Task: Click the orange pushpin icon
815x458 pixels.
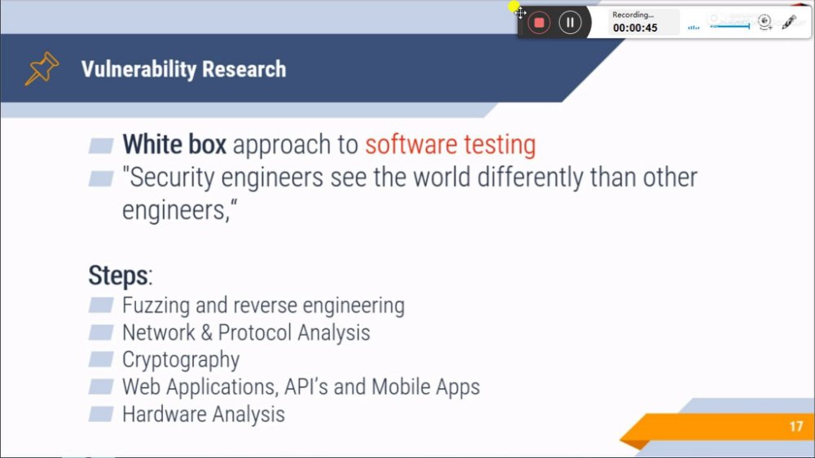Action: (42, 68)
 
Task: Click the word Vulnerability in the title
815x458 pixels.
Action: (139, 69)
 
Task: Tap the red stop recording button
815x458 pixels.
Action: (539, 23)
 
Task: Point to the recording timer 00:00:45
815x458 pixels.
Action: (635, 28)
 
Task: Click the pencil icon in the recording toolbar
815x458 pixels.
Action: (789, 22)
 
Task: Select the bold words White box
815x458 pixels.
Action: (174, 144)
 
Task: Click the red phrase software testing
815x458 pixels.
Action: (450, 145)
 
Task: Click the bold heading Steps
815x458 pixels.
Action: (118, 275)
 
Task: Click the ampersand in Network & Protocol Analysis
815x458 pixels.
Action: (206, 332)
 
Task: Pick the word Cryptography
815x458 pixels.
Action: (181, 359)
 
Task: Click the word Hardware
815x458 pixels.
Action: (164, 414)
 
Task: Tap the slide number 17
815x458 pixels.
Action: (796, 427)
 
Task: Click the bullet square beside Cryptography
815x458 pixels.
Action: (101, 359)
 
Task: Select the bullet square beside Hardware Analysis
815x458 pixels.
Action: (101, 414)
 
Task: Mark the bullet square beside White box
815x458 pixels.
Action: (101, 146)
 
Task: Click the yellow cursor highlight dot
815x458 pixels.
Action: (513, 7)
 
